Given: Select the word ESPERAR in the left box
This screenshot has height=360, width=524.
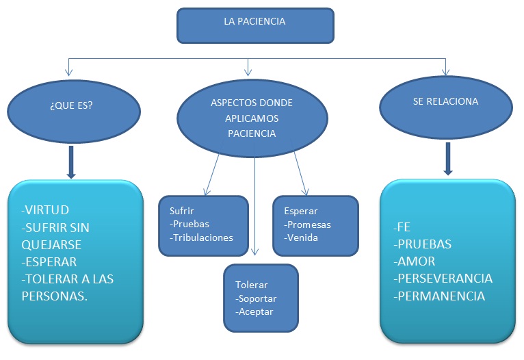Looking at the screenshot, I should pos(51,261).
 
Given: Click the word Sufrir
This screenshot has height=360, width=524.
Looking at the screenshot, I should pos(181,211).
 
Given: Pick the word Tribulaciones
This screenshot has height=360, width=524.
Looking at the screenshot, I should pos(203,237).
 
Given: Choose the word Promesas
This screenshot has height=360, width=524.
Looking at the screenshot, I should pos(309,224).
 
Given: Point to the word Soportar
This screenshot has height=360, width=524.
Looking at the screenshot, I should pos(258,298).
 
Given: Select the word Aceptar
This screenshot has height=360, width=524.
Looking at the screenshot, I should pos(256,311).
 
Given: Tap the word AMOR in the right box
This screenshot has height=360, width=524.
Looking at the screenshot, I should pos(417,261).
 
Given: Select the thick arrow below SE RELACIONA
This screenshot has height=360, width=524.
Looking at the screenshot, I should pos(448,158).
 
